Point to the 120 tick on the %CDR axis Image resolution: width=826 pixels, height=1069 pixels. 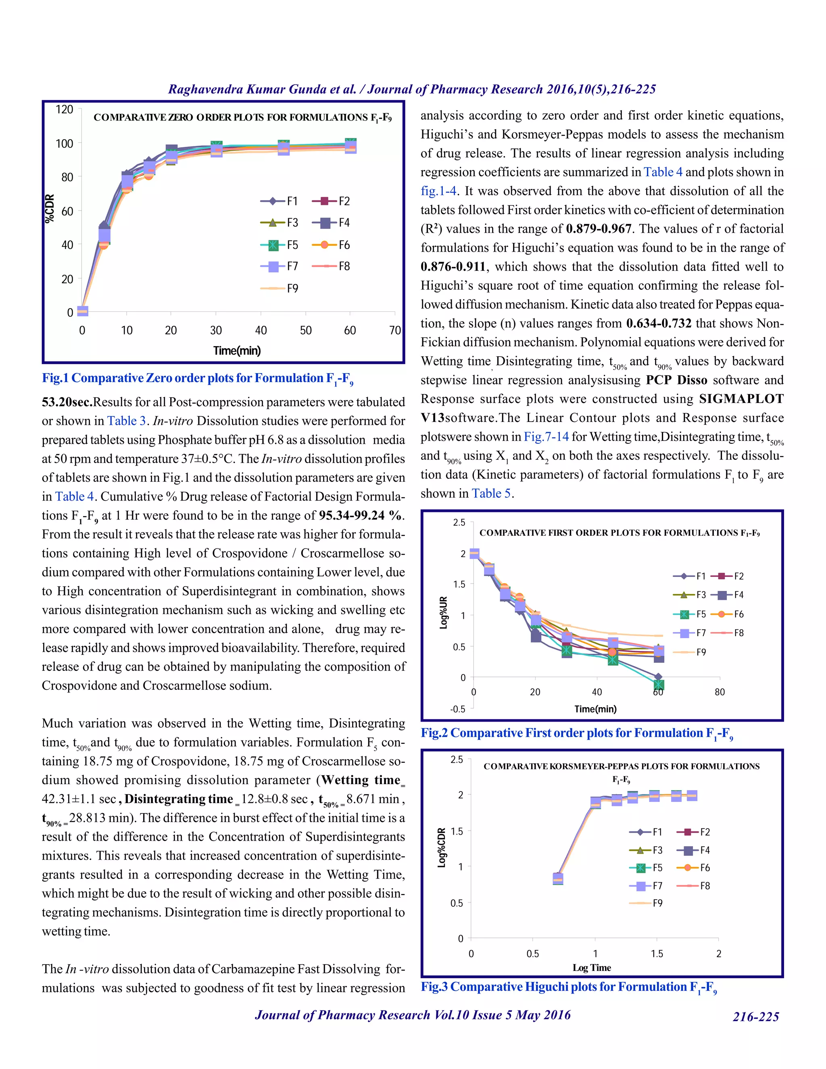pos(65,109)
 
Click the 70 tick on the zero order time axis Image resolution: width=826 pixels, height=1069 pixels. pos(395,330)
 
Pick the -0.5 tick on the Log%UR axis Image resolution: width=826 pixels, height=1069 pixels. pos(457,709)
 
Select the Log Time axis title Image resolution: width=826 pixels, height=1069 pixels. pos(592,968)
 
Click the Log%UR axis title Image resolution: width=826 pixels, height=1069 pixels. pos(443,612)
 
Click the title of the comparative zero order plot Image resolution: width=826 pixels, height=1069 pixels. pos(242,117)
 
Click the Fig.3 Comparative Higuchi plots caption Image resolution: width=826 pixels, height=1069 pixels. pos(569,987)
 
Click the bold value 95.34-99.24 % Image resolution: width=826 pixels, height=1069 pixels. pos(361,516)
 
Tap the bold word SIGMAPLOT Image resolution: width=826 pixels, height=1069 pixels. pos(741,399)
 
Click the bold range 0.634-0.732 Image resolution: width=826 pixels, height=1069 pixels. pos(659,324)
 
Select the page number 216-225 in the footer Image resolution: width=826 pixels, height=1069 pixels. pos(755,1017)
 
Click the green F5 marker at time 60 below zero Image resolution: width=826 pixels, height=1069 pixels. pos(659,684)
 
